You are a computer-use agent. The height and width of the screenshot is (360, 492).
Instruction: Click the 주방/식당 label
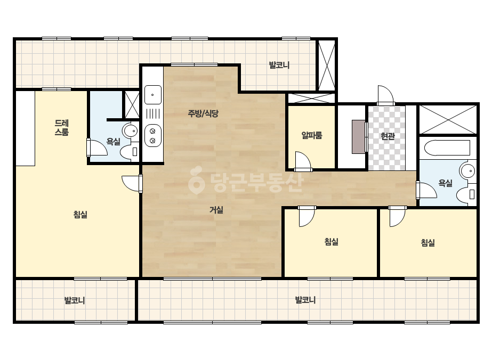[x=203, y=113]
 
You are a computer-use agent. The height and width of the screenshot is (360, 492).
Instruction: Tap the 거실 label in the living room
[x=216, y=209]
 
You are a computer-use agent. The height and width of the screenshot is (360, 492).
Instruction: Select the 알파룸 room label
[x=312, y=135]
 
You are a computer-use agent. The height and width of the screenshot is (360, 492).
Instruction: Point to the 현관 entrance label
[x=388, y=136]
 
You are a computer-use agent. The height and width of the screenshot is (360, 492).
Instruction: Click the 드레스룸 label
[x=61, y=127]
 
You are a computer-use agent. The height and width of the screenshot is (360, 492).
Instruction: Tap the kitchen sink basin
[x=153, y=95]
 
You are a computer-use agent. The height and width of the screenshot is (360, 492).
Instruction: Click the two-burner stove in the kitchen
[x=153, y=135]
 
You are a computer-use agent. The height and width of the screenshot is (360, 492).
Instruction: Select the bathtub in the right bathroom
[x=447, y=148]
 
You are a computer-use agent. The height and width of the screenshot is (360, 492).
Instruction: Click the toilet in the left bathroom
[x=130, y=151]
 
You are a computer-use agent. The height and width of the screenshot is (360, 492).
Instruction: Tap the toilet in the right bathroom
[x=466, y=194]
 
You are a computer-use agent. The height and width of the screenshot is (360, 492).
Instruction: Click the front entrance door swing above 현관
[x=385, y=95]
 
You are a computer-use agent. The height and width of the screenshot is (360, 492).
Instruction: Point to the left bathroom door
[x=97, y=148]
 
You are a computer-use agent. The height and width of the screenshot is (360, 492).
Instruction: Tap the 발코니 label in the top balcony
[x=279, y=65]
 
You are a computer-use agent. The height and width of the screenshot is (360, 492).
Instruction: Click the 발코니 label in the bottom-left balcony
[x=75, y=300]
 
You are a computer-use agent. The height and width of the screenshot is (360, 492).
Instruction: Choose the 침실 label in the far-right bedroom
[x=428, y=242]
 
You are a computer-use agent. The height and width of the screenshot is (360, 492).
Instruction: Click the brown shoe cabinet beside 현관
[x=359, y=137]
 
